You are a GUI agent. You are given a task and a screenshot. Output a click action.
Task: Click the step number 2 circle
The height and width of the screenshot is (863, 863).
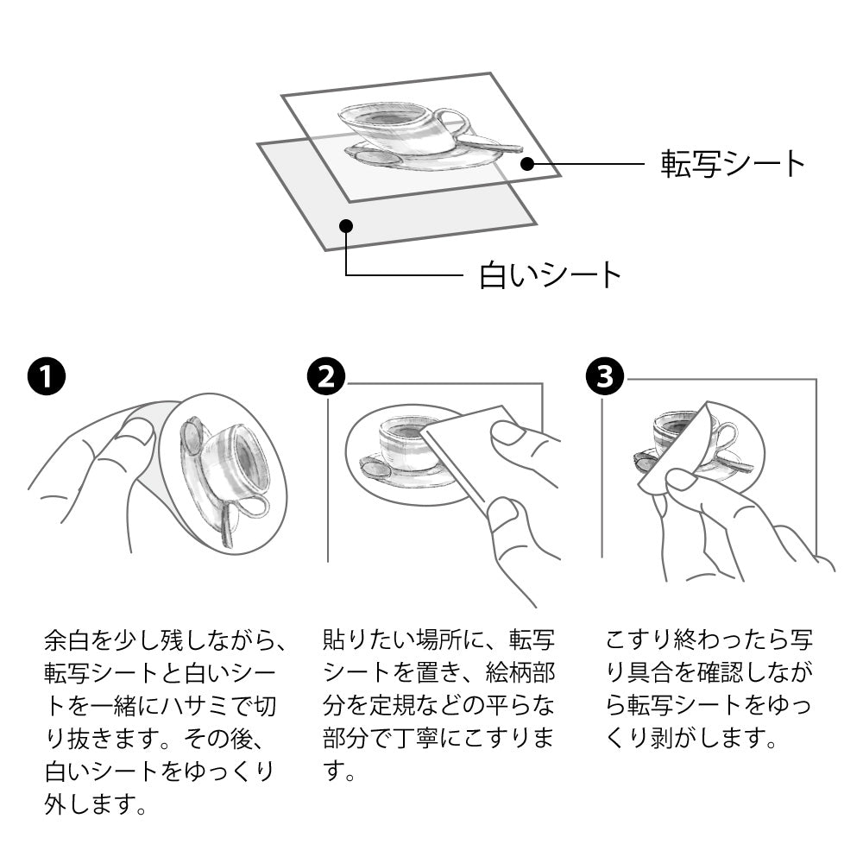click(x=326, y=377)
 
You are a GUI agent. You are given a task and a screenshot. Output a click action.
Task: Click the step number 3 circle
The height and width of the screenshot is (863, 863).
click(x=605, y=377)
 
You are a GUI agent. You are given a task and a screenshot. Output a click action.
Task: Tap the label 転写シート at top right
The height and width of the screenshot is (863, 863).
click(x=733, y=163)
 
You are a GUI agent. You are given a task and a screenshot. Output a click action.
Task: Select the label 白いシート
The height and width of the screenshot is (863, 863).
click(x=551, y=275)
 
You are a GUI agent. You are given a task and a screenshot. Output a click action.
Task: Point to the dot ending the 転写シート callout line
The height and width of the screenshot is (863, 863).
click(x=528, y=162)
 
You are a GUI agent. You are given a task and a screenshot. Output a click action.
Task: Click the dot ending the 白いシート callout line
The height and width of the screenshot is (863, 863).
click(x=346, y=226)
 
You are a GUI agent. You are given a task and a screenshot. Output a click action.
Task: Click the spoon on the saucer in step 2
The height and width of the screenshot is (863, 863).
click(x=376, y=469)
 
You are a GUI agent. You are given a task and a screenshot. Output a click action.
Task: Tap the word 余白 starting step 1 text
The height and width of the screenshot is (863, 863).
click(x=66, y=641)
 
